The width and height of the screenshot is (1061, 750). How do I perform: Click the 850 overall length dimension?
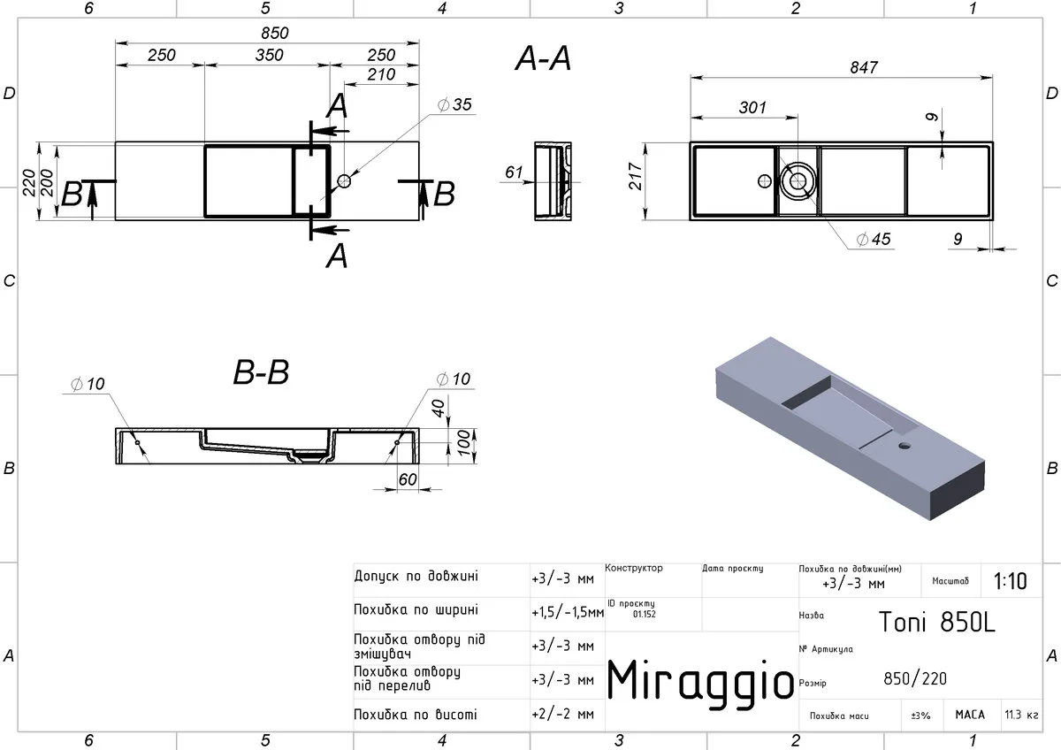[x=275, y=33]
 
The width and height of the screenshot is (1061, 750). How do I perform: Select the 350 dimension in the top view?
[x=269, y=55]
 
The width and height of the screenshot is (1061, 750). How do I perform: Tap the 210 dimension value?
[x=381, y=74]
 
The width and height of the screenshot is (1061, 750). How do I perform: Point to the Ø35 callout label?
[x=454, y=104]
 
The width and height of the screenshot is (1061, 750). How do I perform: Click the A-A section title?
[x=543, y=58]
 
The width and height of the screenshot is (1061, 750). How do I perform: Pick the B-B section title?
[x=261, y=372]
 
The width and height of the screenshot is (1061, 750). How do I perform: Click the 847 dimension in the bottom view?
[x=864, y=67]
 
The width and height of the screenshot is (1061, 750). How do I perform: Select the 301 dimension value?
[x=752, y=108]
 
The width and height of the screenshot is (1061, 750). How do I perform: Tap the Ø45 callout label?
[x=874, y=239]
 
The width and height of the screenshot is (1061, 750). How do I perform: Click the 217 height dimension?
[x=635, y=176]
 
